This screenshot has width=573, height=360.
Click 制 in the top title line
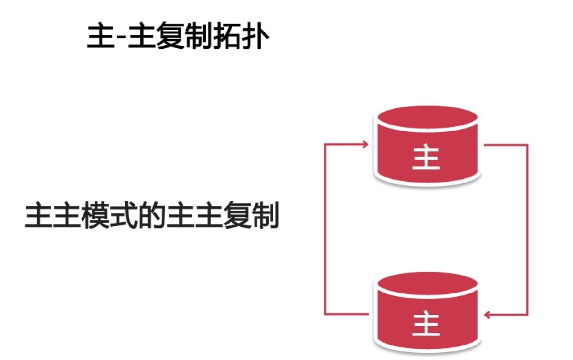[198, 37]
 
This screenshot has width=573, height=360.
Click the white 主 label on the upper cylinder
[426, 157]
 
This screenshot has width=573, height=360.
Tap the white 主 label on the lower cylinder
[426, 323]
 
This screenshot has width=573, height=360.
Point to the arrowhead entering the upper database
[365, 144]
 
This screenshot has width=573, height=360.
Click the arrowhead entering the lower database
[487, 315]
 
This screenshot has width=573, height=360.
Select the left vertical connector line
[325, 229]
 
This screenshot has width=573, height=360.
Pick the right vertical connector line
[527, 229]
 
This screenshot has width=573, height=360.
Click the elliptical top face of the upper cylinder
[427, 117]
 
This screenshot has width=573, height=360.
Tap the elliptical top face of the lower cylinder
[427, 283]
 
